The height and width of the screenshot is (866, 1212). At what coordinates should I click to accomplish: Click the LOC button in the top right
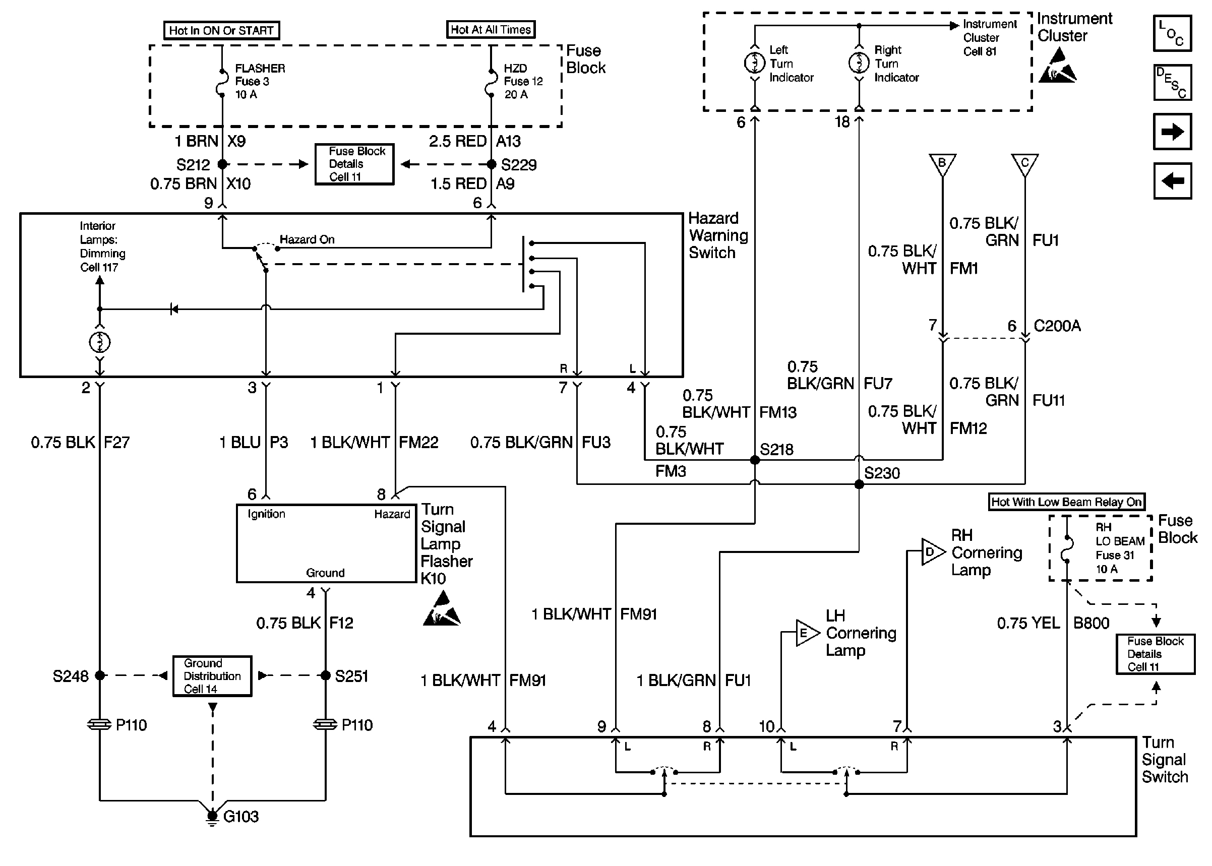click(1172, 33)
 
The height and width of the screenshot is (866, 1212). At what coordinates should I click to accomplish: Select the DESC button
click(1172, 83)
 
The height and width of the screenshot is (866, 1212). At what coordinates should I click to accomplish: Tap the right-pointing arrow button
click(1172, 132)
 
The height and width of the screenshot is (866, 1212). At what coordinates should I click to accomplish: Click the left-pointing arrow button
click(1172, 181)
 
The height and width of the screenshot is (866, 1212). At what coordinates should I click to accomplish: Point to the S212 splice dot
click(222, 164)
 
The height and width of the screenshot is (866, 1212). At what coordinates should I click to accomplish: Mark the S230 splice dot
click(859, 484)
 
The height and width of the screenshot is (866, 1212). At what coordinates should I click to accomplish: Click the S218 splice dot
click(755, 460)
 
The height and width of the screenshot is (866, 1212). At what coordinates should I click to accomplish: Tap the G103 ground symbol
click(212, 817)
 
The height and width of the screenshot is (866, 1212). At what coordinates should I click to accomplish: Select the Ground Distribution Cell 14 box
click(212, 675)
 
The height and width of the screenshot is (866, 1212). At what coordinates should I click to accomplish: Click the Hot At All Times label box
click(491, 29)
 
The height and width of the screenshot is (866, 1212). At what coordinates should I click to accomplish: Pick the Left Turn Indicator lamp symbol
click(755, 63)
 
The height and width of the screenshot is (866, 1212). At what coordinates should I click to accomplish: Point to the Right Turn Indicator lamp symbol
click(859, 63)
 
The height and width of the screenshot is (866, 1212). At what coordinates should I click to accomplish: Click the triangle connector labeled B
click(942, 164)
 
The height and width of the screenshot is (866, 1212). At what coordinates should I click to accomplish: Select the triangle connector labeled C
click(1024, 164)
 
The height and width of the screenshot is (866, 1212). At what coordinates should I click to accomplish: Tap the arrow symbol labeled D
click(933, 552)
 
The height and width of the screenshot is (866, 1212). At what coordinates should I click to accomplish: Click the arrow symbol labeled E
click(807, 633)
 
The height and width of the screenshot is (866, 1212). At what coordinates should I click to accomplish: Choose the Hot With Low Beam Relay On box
click(1066, 502)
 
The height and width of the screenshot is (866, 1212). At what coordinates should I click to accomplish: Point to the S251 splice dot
click(325, 675)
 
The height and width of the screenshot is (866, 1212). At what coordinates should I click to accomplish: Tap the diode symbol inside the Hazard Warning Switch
click(173, 309)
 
